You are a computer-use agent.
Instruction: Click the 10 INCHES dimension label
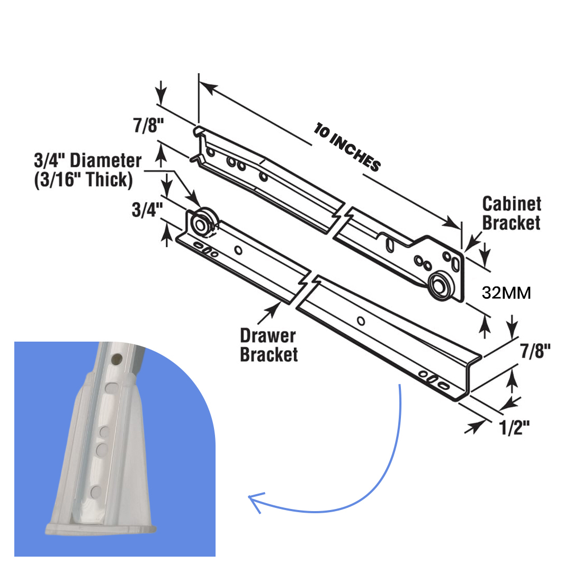347,147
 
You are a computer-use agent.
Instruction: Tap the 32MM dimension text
506,293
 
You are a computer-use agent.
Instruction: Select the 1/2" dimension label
514,427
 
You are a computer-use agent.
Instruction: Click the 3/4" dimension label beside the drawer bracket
147,210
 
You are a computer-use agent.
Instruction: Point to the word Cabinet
512,204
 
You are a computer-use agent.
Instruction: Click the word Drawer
268,336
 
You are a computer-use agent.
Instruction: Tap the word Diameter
105,160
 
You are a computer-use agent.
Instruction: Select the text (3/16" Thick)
83,180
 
